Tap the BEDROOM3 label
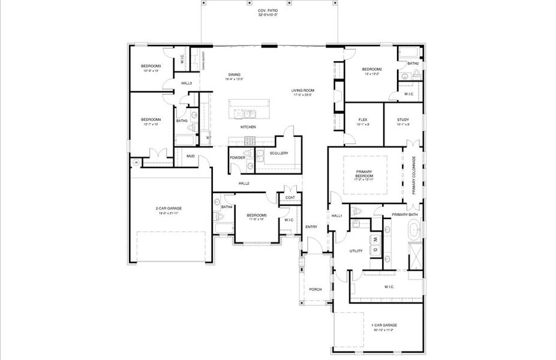click(x=151, y=66)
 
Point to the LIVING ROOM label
click(x=303, y=91)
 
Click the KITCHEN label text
click(x=248, y=128)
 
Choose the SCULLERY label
click(x=279, y=153)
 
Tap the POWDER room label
click(x=238, y=158)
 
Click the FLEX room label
click(x=363, y=120)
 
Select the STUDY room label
click(x=402, y=120)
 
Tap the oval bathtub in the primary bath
click(x=415, y=229)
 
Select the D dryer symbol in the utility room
click(x=374, y=249)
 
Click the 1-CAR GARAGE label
click(x=384, y=325)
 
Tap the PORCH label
click(x=315, y=289)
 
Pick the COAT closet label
click(x=290, y=197)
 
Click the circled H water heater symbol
click(x=136, y=162)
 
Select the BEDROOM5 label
click(x=256, y=215)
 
